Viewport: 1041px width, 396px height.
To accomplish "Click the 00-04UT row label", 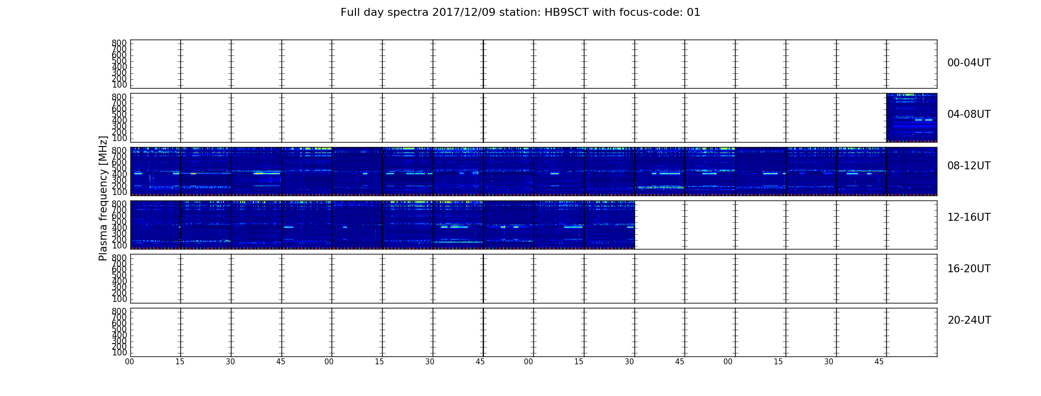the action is pos(969,63).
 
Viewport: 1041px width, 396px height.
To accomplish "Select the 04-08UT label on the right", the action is pos(969,114).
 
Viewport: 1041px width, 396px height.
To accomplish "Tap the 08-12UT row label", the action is pos(969,166).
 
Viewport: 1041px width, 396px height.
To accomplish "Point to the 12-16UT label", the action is pos(969,217).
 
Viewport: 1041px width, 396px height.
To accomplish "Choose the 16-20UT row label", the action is pos(969,269).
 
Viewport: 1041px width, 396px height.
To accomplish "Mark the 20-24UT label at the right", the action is pos(969,320).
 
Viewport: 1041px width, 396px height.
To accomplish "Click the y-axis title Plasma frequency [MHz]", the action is pos(103,198).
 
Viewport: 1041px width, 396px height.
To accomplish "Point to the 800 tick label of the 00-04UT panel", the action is pos(119,43).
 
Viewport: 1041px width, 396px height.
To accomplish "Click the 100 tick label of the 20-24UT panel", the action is pos(119,352).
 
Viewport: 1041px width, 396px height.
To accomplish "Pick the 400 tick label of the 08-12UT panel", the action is pos(119,174).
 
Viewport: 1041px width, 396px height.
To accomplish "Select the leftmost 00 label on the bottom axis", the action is pos(129,362).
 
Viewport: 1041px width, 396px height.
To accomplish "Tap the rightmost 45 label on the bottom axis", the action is pos(879,362).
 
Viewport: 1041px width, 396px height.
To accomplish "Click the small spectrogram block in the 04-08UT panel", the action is pos(912,117).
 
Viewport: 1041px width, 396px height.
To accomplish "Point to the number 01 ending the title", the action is pos(694,12).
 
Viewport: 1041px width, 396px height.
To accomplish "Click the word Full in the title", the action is pos(349,12).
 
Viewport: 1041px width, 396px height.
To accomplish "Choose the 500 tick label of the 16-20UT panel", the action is pos(119,275).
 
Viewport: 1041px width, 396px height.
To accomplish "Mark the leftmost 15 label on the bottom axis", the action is pos(179,362).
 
